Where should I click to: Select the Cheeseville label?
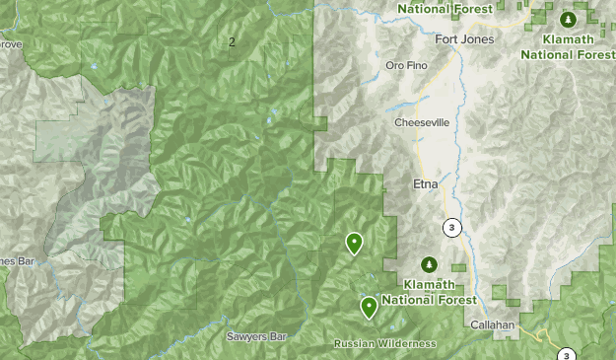(x=422, y=123)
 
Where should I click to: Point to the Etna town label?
(x=425, y=184)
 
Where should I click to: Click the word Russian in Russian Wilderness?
(x=356, y=343)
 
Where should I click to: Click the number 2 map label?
(x=232, y=41)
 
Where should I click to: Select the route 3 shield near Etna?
(x=451, y=228)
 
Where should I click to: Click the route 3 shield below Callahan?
(x=566, y=355)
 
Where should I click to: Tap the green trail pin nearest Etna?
(x=354, y=242)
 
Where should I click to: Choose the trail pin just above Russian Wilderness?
(x=369, y=307)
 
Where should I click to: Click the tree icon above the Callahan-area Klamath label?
(x=429, y=264)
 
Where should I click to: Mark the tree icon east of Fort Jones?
(x=568, y=20)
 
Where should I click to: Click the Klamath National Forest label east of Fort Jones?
(x=569, y=45)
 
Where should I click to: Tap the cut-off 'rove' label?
(x=10, y=44)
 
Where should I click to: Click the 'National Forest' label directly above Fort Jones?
(x=445, y=9)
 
